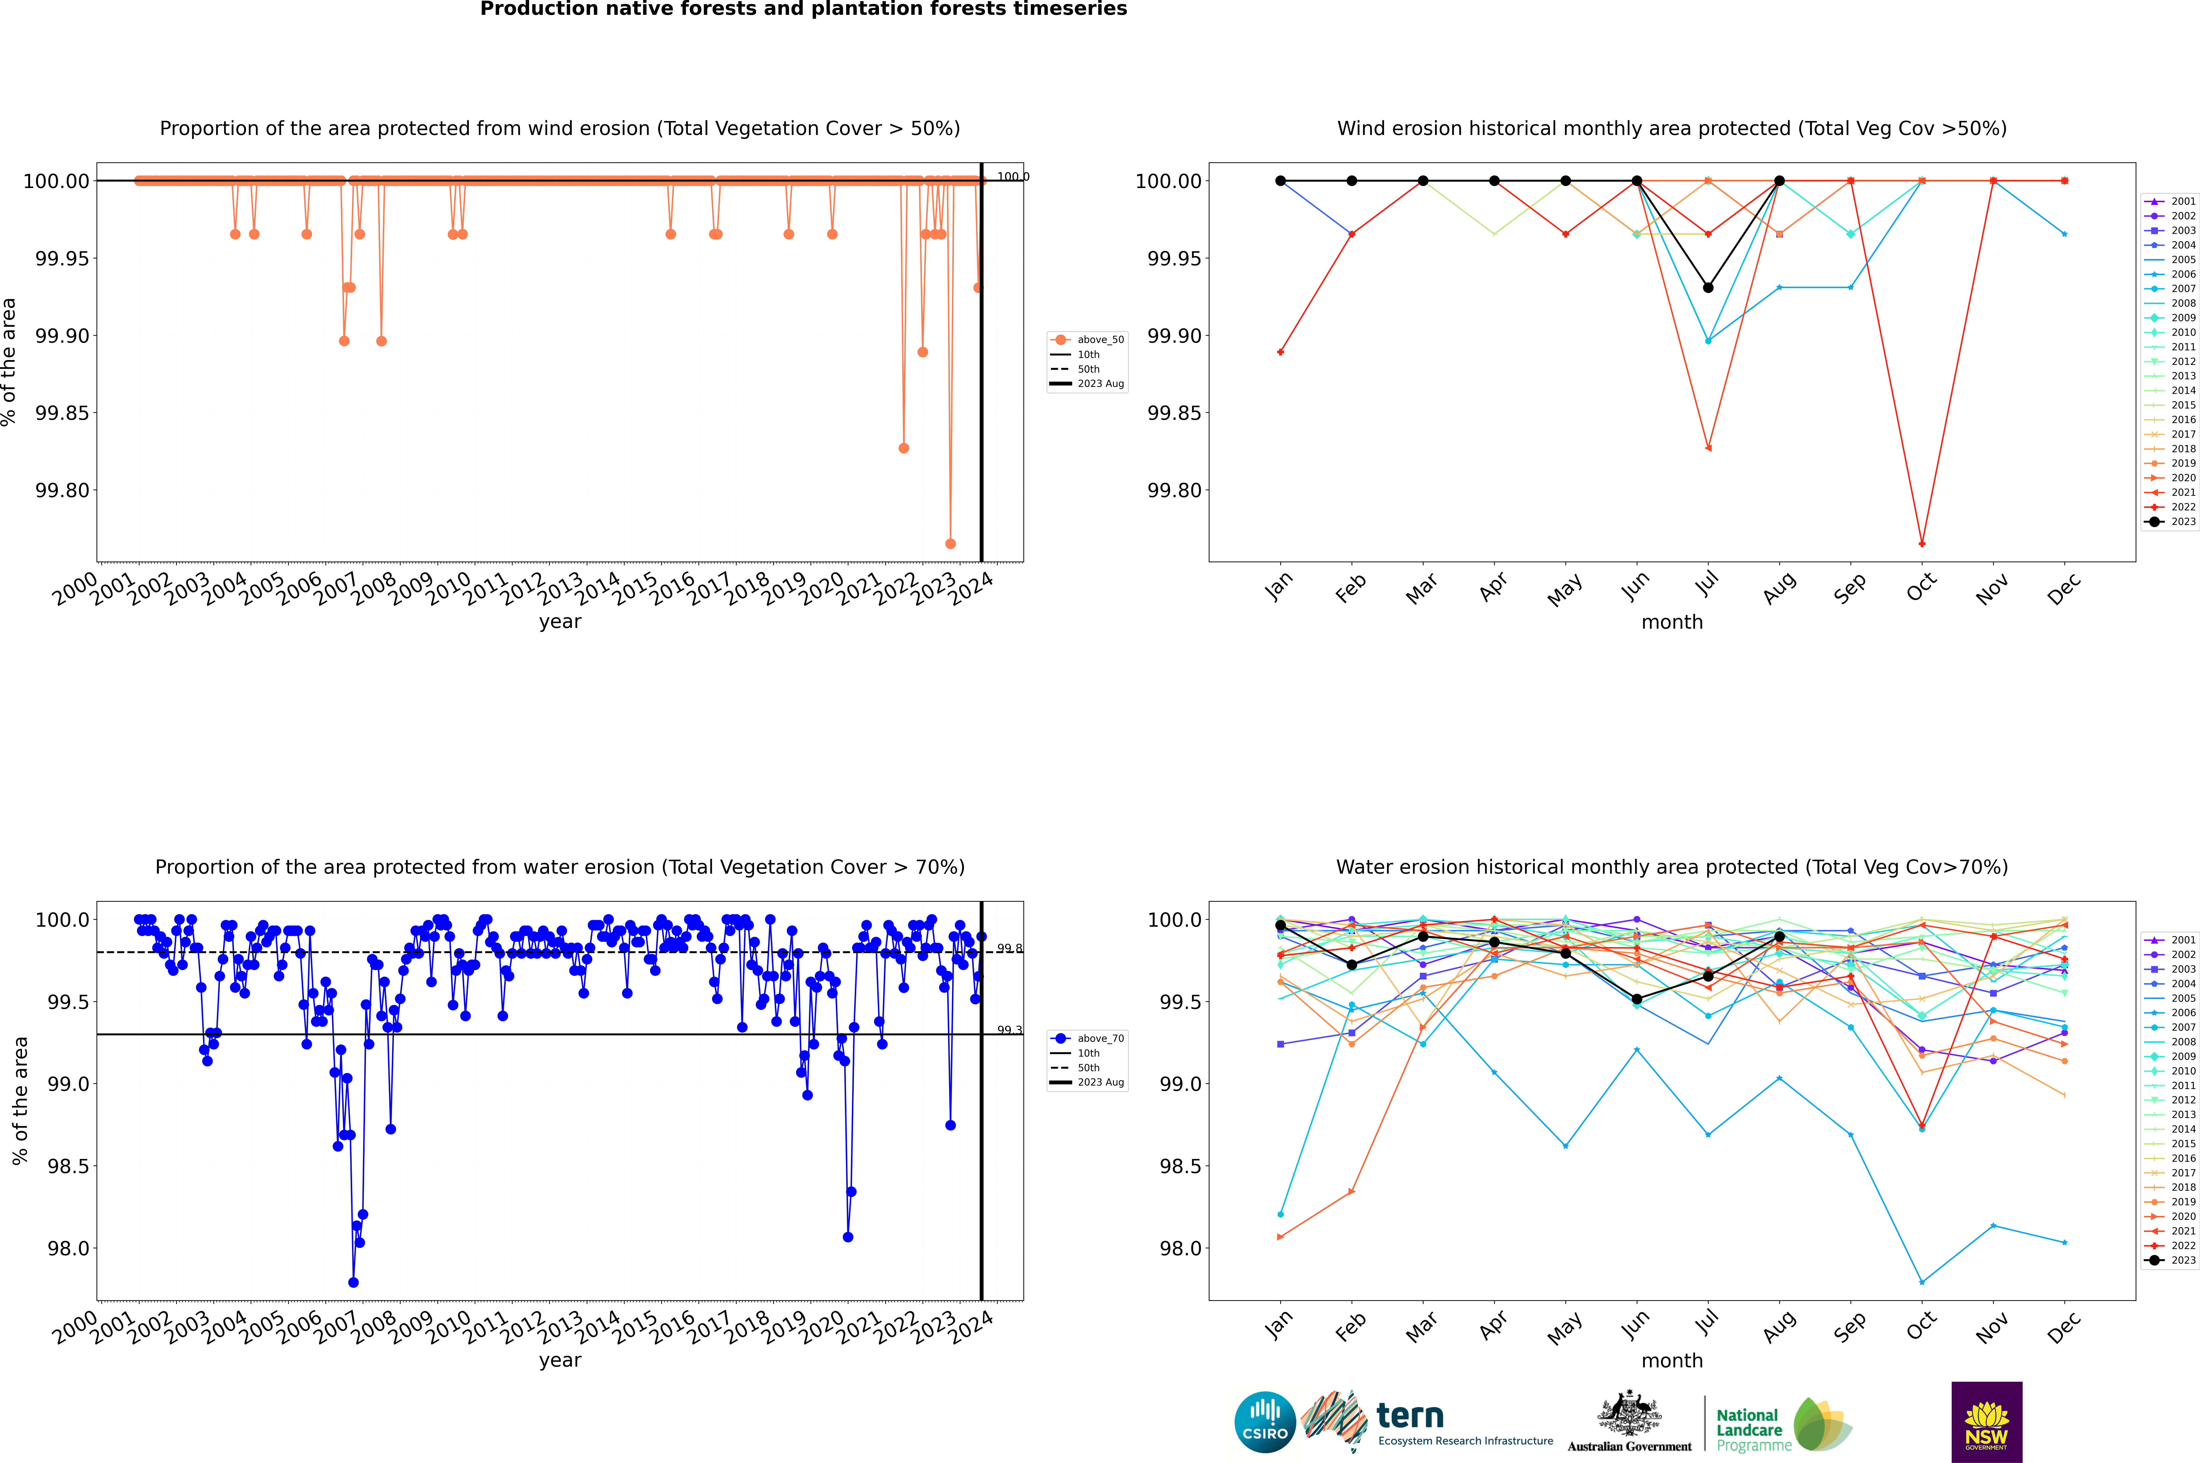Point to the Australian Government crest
point(1628,1413)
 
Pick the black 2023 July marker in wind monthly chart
point(1708,287)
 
